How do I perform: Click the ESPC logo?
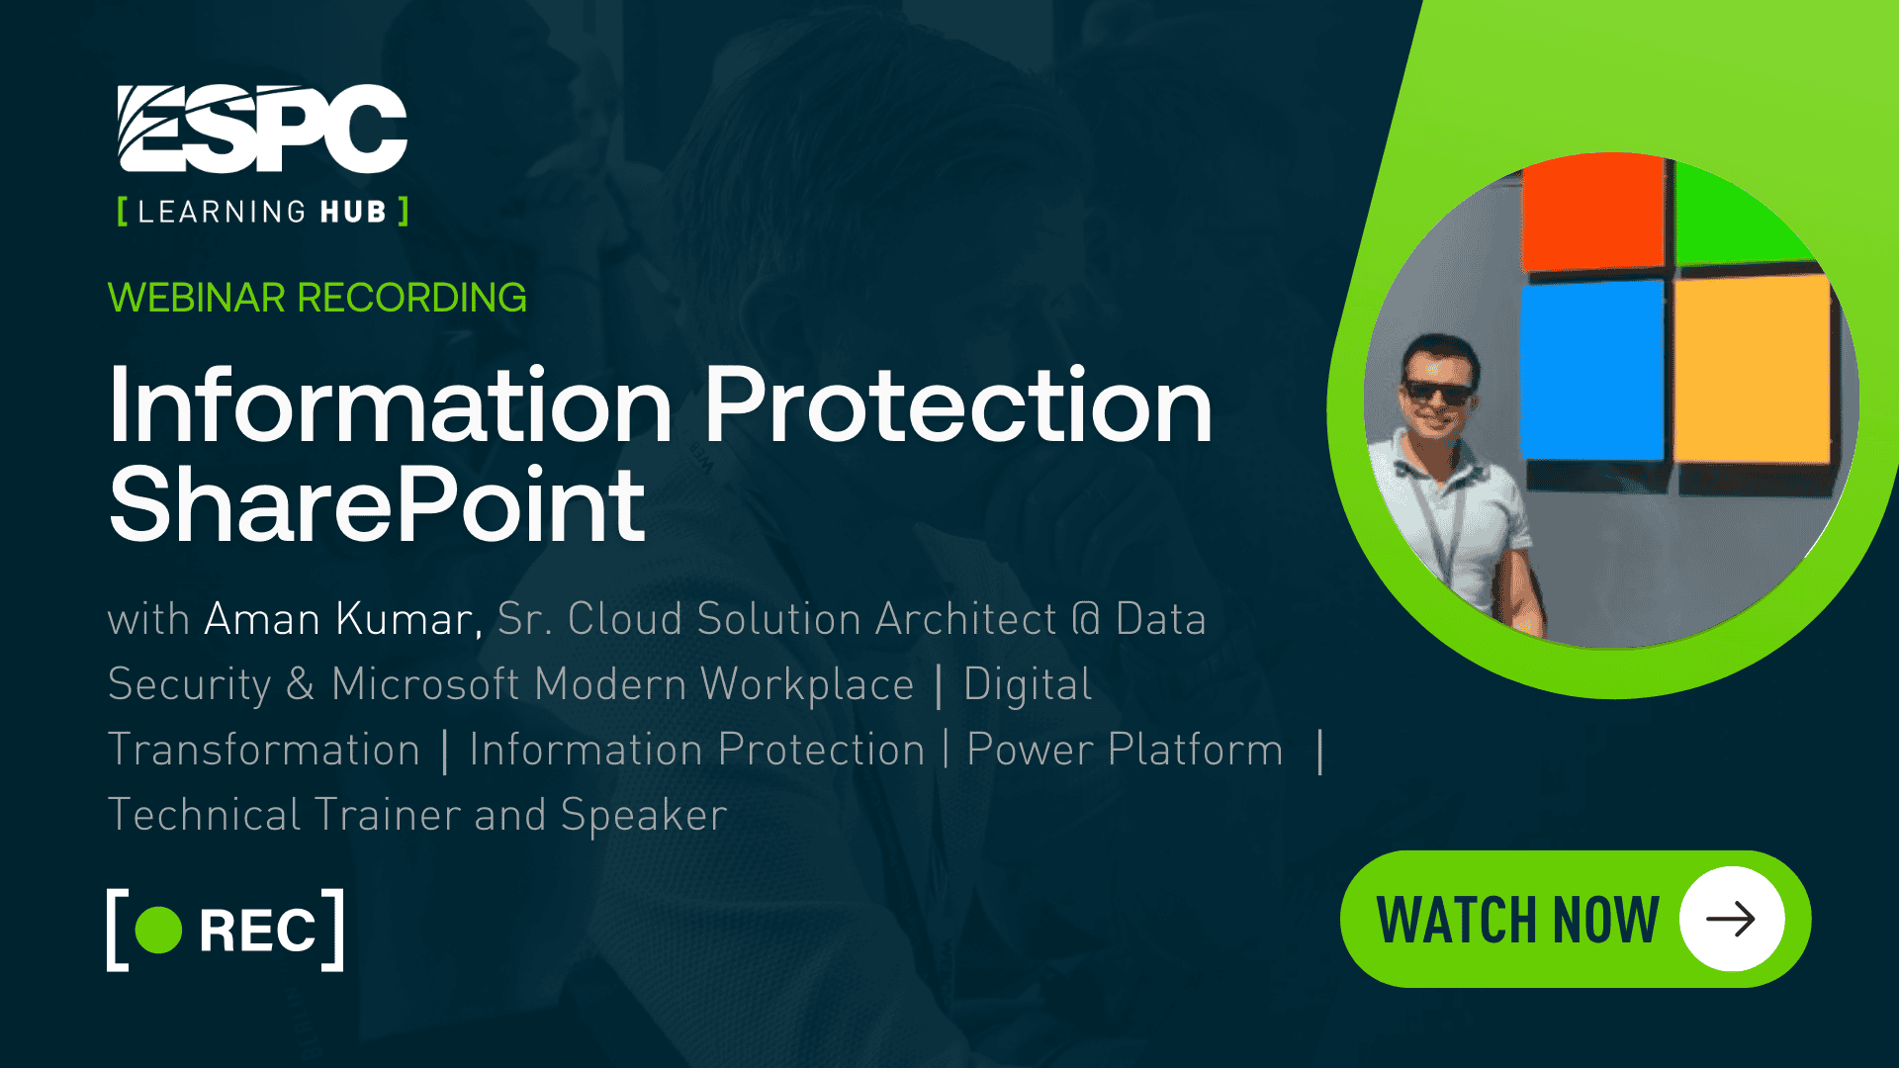point(262,129)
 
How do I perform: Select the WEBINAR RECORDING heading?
point(316,298)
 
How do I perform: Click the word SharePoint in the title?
point(377,506)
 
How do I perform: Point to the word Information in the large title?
point(391,405)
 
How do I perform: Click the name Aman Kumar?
point(342,619)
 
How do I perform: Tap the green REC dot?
point(158,930)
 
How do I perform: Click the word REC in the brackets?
point(257,931)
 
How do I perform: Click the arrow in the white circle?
point(1731,919)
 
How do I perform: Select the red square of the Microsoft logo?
point(1592,216)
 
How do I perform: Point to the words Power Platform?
point(1125,750)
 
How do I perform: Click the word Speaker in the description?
point(644,815)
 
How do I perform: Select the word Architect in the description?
point(965,619)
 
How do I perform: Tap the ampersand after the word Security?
point(301,684)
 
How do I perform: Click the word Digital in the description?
point(1028,684)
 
